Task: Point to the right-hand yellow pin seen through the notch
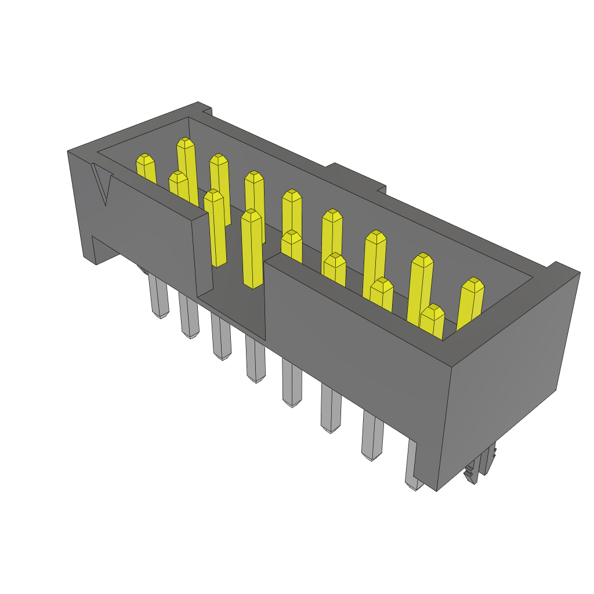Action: pyautogui.click(x=252, y=249)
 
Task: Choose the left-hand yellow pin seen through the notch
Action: pyautogui.click(x=215, y=229)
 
